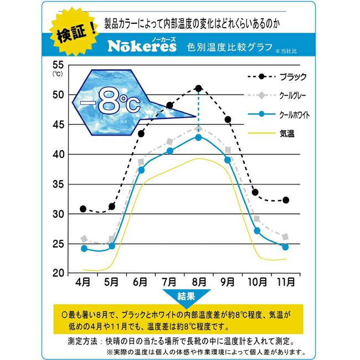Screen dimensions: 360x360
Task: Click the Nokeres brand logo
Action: tap(142, 46)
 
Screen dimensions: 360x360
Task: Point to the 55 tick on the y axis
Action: tap(58, 64)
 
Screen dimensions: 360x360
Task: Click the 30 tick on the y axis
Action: tap(58, 214)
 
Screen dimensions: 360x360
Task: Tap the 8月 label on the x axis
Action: tap(198, 282)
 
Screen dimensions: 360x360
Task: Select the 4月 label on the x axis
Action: tap(83, 282)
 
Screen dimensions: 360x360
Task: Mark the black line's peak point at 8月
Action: tap(198, 88)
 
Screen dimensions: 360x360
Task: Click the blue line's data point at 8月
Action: tap(198, 137)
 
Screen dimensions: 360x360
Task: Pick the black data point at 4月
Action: tap(83, 209)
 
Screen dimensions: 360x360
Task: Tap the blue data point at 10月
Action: tap(256, 231)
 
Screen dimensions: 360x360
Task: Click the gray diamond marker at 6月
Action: tap(141, 162)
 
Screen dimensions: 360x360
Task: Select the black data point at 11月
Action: tap(285, 200)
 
